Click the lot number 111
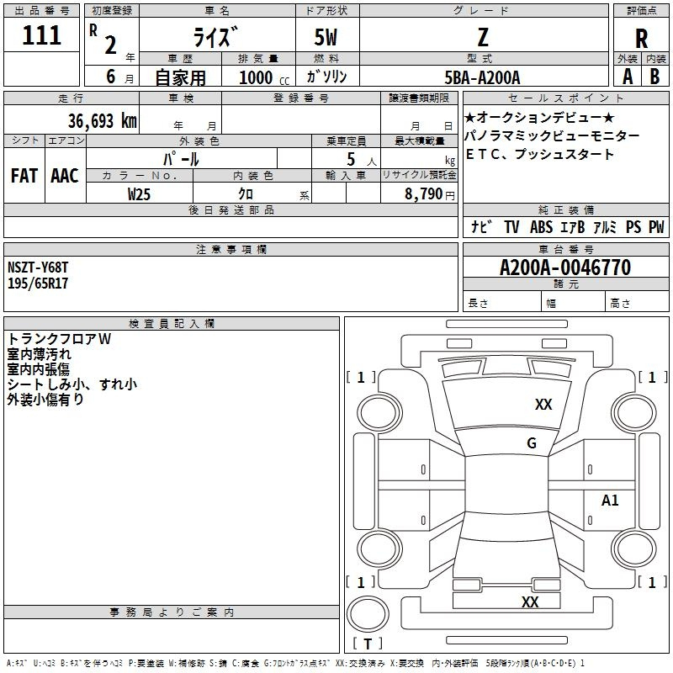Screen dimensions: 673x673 (41, 35)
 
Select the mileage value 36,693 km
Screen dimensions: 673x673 (103, 121)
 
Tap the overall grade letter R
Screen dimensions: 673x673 (641, 39)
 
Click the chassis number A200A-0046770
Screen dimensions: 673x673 (565, 268)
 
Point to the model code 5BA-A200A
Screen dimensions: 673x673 (482, 77)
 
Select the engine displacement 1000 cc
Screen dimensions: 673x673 (264, 77)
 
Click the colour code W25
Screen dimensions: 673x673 (139, 194)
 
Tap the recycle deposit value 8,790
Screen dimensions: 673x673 (423, 194)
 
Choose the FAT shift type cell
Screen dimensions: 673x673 (24, 176)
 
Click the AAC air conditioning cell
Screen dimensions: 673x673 (65, 176)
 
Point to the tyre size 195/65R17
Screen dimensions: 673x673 (38, 284)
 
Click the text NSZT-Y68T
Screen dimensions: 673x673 (38, 268)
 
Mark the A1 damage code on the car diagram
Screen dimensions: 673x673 (610, 500)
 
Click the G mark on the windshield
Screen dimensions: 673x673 (532, 442)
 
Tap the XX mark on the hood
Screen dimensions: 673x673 (543, 405)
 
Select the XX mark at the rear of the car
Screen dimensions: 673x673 (530, 601)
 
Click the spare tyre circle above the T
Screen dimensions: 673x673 (368, 614)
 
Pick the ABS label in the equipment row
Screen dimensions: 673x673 (541, 227)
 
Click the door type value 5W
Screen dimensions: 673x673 (326, 37)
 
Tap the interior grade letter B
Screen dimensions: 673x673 (654, 77)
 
